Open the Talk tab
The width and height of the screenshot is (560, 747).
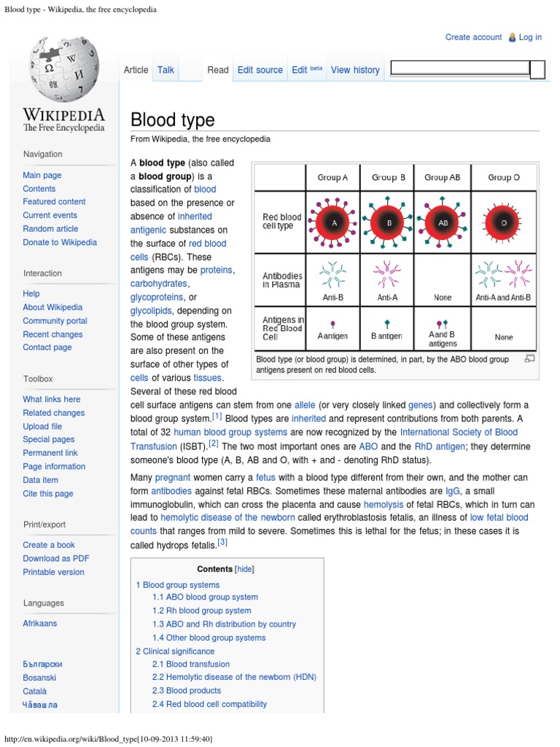(166, 70)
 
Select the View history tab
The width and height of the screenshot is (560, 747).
(355, 70)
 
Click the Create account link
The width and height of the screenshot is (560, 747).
(473, 37)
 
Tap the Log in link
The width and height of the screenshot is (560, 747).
(530, 37)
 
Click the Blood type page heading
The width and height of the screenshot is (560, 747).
(172, 120)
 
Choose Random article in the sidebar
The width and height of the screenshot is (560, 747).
(50, 228)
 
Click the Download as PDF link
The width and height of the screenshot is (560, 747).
(56, 559)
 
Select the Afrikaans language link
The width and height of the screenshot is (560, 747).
(39, 624)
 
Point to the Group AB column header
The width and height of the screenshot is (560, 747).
(442, 177)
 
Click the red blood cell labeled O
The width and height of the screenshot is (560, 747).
(504, 222)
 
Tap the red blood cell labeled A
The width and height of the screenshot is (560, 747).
(334, 222)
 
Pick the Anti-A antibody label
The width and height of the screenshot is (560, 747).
(387, 298)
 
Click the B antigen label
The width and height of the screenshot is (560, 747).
(386, 336)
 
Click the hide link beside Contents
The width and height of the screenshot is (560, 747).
(244, 569)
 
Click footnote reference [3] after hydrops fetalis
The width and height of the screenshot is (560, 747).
(222, 542)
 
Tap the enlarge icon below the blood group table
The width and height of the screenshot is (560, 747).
(529, 358)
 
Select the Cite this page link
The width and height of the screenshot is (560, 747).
(47, 494)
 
